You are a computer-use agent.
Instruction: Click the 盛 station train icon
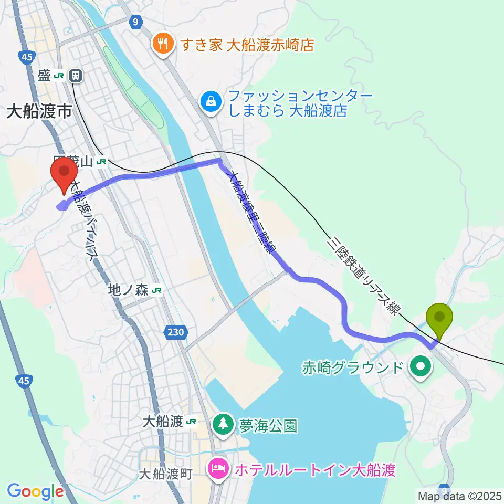[x=77, y=76]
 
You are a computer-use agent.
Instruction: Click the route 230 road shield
[x=176, y=332]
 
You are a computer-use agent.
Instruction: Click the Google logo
[x=35, y=491]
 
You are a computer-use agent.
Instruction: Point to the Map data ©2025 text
[x=459, y=496]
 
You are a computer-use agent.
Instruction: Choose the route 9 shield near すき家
[x=136, y=22]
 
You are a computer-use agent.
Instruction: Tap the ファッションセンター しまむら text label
[x=300, y=103]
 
